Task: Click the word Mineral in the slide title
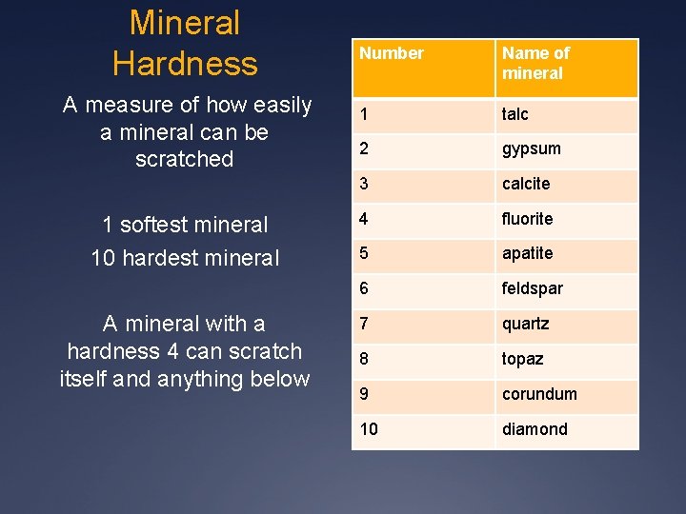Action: pos(185,22)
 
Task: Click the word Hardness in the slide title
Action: pos(185,64)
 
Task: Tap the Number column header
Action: pos(391,53)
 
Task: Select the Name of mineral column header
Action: pos(535,63)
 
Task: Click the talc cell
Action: pos(515,114)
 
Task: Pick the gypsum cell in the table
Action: pos(532,148)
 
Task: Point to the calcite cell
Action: pos(526,184)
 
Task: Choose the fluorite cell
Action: pos(528,219)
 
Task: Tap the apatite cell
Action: pos(528,254)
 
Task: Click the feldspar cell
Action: pos(533,288)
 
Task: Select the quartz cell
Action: pos(526,324)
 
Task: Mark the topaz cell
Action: pos(523,359)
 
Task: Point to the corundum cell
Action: pos(539,394)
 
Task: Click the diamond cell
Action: pos(535,429)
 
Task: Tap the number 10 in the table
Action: pos(369,429)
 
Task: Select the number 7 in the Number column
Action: pos(364,324)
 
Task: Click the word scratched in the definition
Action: pos(185,159)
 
